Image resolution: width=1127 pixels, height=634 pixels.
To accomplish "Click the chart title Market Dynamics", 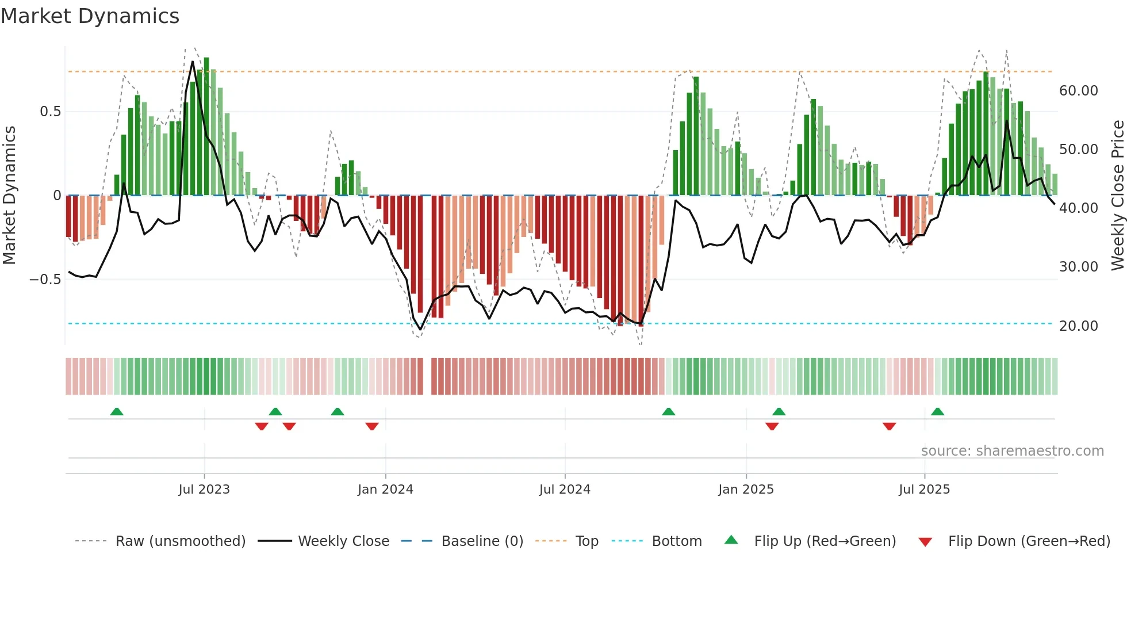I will click(x=90, y=16).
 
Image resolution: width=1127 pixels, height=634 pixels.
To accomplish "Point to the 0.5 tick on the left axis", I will click(x=50, y=112).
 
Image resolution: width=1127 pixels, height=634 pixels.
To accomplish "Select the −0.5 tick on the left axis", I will click(x=45, y=280).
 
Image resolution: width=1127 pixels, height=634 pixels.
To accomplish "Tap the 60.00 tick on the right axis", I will click(x=1078, y=91).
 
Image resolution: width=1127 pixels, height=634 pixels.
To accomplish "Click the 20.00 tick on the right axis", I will click(x=1078, y=326).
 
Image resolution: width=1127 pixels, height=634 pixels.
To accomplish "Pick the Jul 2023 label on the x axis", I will click(x=204, y=490).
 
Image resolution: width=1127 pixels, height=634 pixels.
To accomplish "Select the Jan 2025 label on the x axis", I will click(x=746, y=490).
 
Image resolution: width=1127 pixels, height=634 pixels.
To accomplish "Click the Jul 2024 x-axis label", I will click(x=565, y=490).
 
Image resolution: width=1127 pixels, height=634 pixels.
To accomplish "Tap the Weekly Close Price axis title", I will click(x=1117, y=196).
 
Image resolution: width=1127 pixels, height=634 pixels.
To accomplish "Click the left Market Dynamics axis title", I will click(x=9, y=196).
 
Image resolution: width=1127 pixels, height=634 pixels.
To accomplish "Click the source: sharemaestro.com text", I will click(x=1012, y=451).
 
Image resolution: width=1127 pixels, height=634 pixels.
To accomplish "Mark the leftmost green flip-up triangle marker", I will click(x=117, y=411).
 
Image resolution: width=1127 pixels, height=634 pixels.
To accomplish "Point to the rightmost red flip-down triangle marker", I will click(x=889, y=426).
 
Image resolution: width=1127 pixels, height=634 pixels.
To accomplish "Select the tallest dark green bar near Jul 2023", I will click(x=206, y=127).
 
